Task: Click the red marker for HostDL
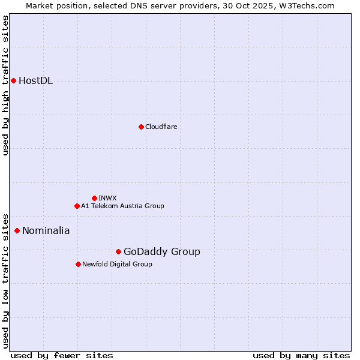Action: (13, 80)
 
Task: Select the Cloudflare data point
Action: (141, 127)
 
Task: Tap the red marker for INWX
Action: (94, 198)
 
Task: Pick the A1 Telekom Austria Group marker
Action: (77, 206)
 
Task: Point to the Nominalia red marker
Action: (17, 230)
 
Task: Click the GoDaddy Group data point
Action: (118, 251)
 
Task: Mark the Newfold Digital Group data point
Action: (78, 264)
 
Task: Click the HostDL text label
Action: (36, 81)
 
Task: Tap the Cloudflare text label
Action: (161, 127)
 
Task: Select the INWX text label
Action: (107, 198)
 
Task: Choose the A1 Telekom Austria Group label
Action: (122, 206)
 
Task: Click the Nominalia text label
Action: (46, 231)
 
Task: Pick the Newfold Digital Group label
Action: (117, 264)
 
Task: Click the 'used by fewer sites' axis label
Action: (62, 355)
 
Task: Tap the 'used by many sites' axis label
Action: (301, 355)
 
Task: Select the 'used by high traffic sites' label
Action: (6, 85)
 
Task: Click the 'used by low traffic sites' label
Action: (6, 280)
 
